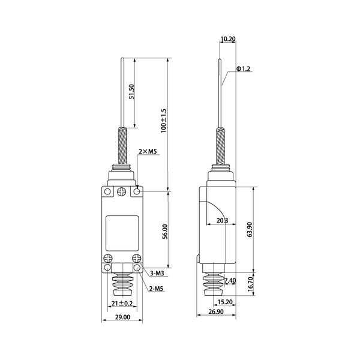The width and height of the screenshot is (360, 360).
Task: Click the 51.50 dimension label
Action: click(131, 91)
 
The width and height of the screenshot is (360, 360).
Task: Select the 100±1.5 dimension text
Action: click(163, 121)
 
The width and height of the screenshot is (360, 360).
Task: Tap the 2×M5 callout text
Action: click(148, 152)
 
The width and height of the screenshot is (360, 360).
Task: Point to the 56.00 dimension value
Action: click(165, 232)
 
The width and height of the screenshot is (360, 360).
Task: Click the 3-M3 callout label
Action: click(157, 273)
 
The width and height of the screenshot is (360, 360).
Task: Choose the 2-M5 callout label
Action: click(156, 289)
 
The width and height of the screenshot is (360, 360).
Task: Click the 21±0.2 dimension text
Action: click(122, 304)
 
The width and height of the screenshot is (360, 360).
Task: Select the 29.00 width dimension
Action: click(122, 317)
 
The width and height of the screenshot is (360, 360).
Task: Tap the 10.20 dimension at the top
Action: click(228, 39)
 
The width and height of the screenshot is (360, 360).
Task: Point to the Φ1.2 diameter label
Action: click(243, 68)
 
